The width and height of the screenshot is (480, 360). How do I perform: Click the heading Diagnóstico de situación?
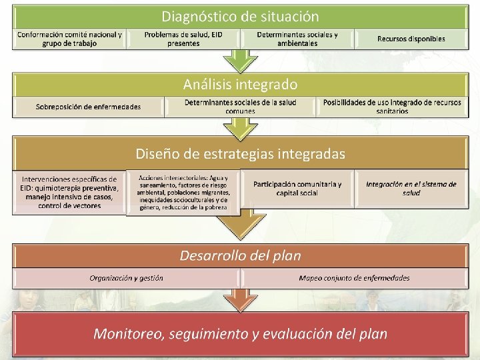[x=240, y=16]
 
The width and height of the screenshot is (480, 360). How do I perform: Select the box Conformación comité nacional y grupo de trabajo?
[x=69, y=39]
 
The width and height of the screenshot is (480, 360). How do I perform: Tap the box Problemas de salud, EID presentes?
[x=183, y=39]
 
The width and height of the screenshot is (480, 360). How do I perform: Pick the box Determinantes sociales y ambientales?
[x=297, y=39]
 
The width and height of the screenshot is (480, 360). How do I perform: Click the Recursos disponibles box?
[x=411, y=39]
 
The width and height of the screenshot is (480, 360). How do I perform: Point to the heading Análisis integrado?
[x=240, y=85]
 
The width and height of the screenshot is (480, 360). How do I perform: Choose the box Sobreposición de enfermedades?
[x=88, y=107]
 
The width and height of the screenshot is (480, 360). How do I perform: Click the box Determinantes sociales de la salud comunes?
[x=240, y=107]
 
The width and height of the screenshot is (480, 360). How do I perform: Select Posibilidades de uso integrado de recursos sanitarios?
[x=392, y=107]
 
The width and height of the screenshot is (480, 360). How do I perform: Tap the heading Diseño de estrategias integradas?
[x=240, y=154]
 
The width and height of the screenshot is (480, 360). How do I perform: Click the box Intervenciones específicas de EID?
[x=69, y=192]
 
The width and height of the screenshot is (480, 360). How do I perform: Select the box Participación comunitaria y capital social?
[x=297, y=189]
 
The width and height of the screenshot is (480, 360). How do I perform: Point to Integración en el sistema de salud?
[x=411, y=189]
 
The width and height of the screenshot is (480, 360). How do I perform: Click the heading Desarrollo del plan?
[x=240, y=255]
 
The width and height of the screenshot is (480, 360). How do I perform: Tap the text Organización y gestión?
[x=127, y=278]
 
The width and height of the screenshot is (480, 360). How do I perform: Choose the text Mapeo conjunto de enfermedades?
[x=354, y=278]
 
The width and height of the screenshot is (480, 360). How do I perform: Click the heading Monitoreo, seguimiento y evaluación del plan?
[x=240, y=333]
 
